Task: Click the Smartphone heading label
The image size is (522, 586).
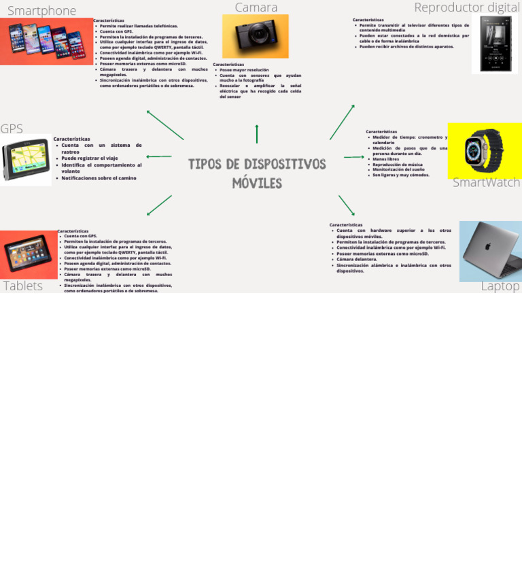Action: pos(41,11)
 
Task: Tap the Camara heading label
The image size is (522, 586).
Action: pos(256,7)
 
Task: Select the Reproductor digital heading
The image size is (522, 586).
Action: pos(467,7)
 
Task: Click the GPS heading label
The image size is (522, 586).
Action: pos(12,129)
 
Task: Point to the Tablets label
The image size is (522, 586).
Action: pos(23,286)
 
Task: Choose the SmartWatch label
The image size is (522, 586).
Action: pos(486,183)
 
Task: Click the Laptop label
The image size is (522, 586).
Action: pos(500,286)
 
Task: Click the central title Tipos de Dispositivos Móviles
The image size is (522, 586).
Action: pos(257,173)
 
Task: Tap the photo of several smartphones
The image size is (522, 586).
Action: pos(46,41)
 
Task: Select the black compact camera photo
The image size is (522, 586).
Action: pos(255,36)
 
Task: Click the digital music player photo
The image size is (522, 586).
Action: pos(495,44)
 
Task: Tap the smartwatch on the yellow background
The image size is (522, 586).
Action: pos(484,151)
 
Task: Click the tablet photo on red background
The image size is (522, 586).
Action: pos(29,254)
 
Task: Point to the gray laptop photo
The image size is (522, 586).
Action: pos(491,251)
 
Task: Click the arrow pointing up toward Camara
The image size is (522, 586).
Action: pos(257,134)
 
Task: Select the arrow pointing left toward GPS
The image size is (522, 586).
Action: pos(159,157)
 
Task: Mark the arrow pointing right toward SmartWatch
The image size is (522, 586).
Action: pos(354,157)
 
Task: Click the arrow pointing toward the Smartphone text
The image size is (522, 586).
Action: pos(165,125)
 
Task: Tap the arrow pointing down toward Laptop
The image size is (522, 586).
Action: pos(347,205)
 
